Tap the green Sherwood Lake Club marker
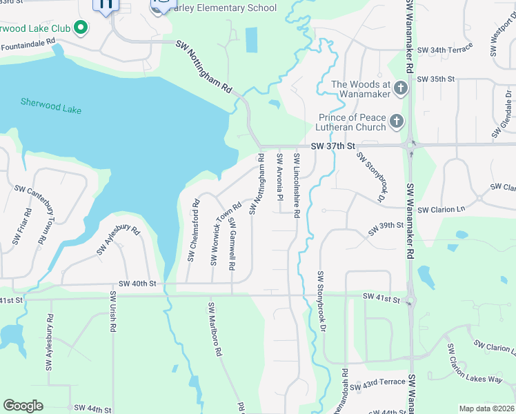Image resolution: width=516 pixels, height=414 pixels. click(81, 28)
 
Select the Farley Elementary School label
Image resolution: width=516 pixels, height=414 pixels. click(224, 8)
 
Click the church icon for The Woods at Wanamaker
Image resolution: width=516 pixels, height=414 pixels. click(323, 89)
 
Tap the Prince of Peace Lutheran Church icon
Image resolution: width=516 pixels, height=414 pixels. click(396, 122)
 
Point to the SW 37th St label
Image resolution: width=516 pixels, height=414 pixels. click(332, 146)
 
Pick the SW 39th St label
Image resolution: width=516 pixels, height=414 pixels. click(385, 229)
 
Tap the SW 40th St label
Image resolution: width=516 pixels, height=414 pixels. click(137, 284)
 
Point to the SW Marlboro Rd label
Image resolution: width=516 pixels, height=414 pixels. click(213, 328)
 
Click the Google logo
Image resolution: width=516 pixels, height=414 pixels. click(23, 406)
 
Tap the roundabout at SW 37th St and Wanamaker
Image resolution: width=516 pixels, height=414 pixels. click(410, 145)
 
